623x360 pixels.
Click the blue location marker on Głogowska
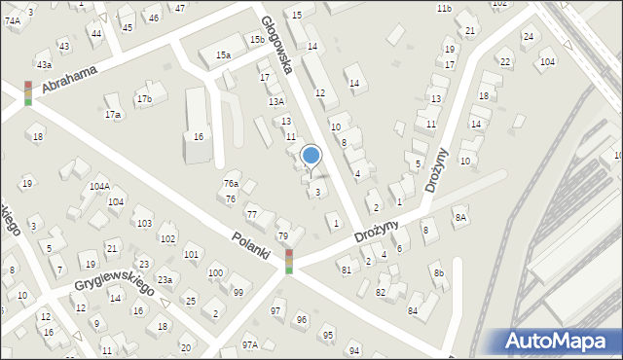[x=311, y=155]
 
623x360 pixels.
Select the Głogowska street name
[x=276, y=45]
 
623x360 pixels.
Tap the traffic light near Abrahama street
[x=28, y=92]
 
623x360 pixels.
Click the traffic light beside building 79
[x=288, y=261]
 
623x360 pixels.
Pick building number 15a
[x=224, y=55]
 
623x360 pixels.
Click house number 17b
[x=144, y=98]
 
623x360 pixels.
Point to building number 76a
[x=231, y=183]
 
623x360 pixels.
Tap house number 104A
[x=98, y=185]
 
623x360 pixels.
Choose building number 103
[x=144, y=223]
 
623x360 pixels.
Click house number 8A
[x=459, y=218]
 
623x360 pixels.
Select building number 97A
[x=250, y=344]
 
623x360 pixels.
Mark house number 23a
[x=165, y=280]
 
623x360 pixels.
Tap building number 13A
[x=276, y=101]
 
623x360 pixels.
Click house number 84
[x=413, y=310]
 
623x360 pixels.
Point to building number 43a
[x=44, y=64]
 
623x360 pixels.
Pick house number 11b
[x=444, y=8]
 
